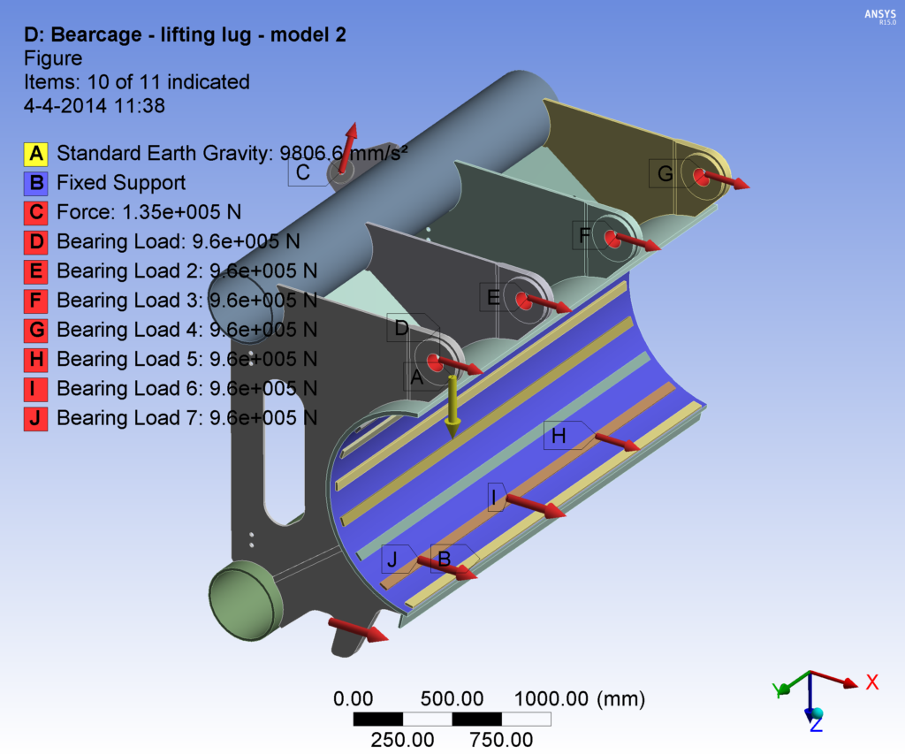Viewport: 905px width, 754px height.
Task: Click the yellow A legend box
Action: click(36, 154)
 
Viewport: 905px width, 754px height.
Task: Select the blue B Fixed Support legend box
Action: click(36, 183)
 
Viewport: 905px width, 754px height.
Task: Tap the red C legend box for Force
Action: click(36, 212)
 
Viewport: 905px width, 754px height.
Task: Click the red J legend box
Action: click(36, 417)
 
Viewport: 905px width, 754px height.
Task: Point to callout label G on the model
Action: click(665, 174)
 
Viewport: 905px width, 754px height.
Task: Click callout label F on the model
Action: click(585, 235)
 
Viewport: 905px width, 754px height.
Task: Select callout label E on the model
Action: click(494, 298)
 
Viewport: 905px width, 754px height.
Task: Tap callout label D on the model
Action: click(402, 329)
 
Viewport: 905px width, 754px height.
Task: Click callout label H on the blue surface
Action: click(559, 436)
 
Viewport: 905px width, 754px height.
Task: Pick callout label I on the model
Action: click(493, 498)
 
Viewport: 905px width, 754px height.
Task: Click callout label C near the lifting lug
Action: click(303, 172)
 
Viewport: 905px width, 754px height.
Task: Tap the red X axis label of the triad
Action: click(871, 682)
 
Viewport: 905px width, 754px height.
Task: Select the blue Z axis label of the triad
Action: click(816, 725)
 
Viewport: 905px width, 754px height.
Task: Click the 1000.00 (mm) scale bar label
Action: click(579, 698)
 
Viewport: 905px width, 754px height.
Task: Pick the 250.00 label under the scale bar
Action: click(402, 739)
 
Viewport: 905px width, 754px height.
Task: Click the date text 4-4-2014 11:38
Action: click(94, 105)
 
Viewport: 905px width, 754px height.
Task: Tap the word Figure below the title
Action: click(52, 58)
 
